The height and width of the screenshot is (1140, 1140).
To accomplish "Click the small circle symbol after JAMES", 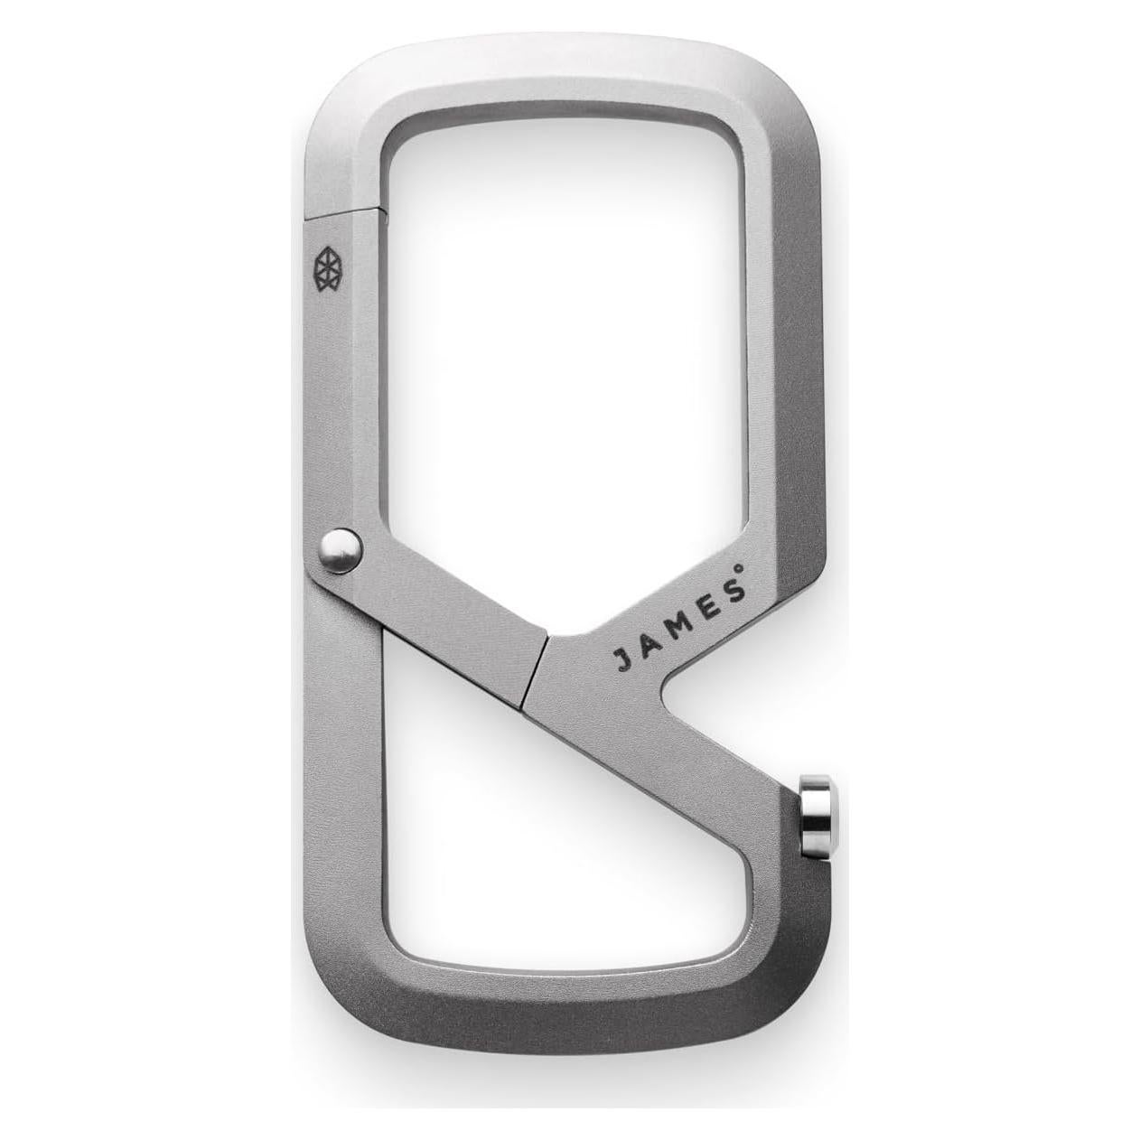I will [742, 570].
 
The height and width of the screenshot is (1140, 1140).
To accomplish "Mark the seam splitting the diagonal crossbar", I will [533, 671].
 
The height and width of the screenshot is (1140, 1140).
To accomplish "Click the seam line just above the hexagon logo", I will [343, 216].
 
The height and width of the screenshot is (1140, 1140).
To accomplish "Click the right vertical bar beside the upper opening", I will [790, 361].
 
